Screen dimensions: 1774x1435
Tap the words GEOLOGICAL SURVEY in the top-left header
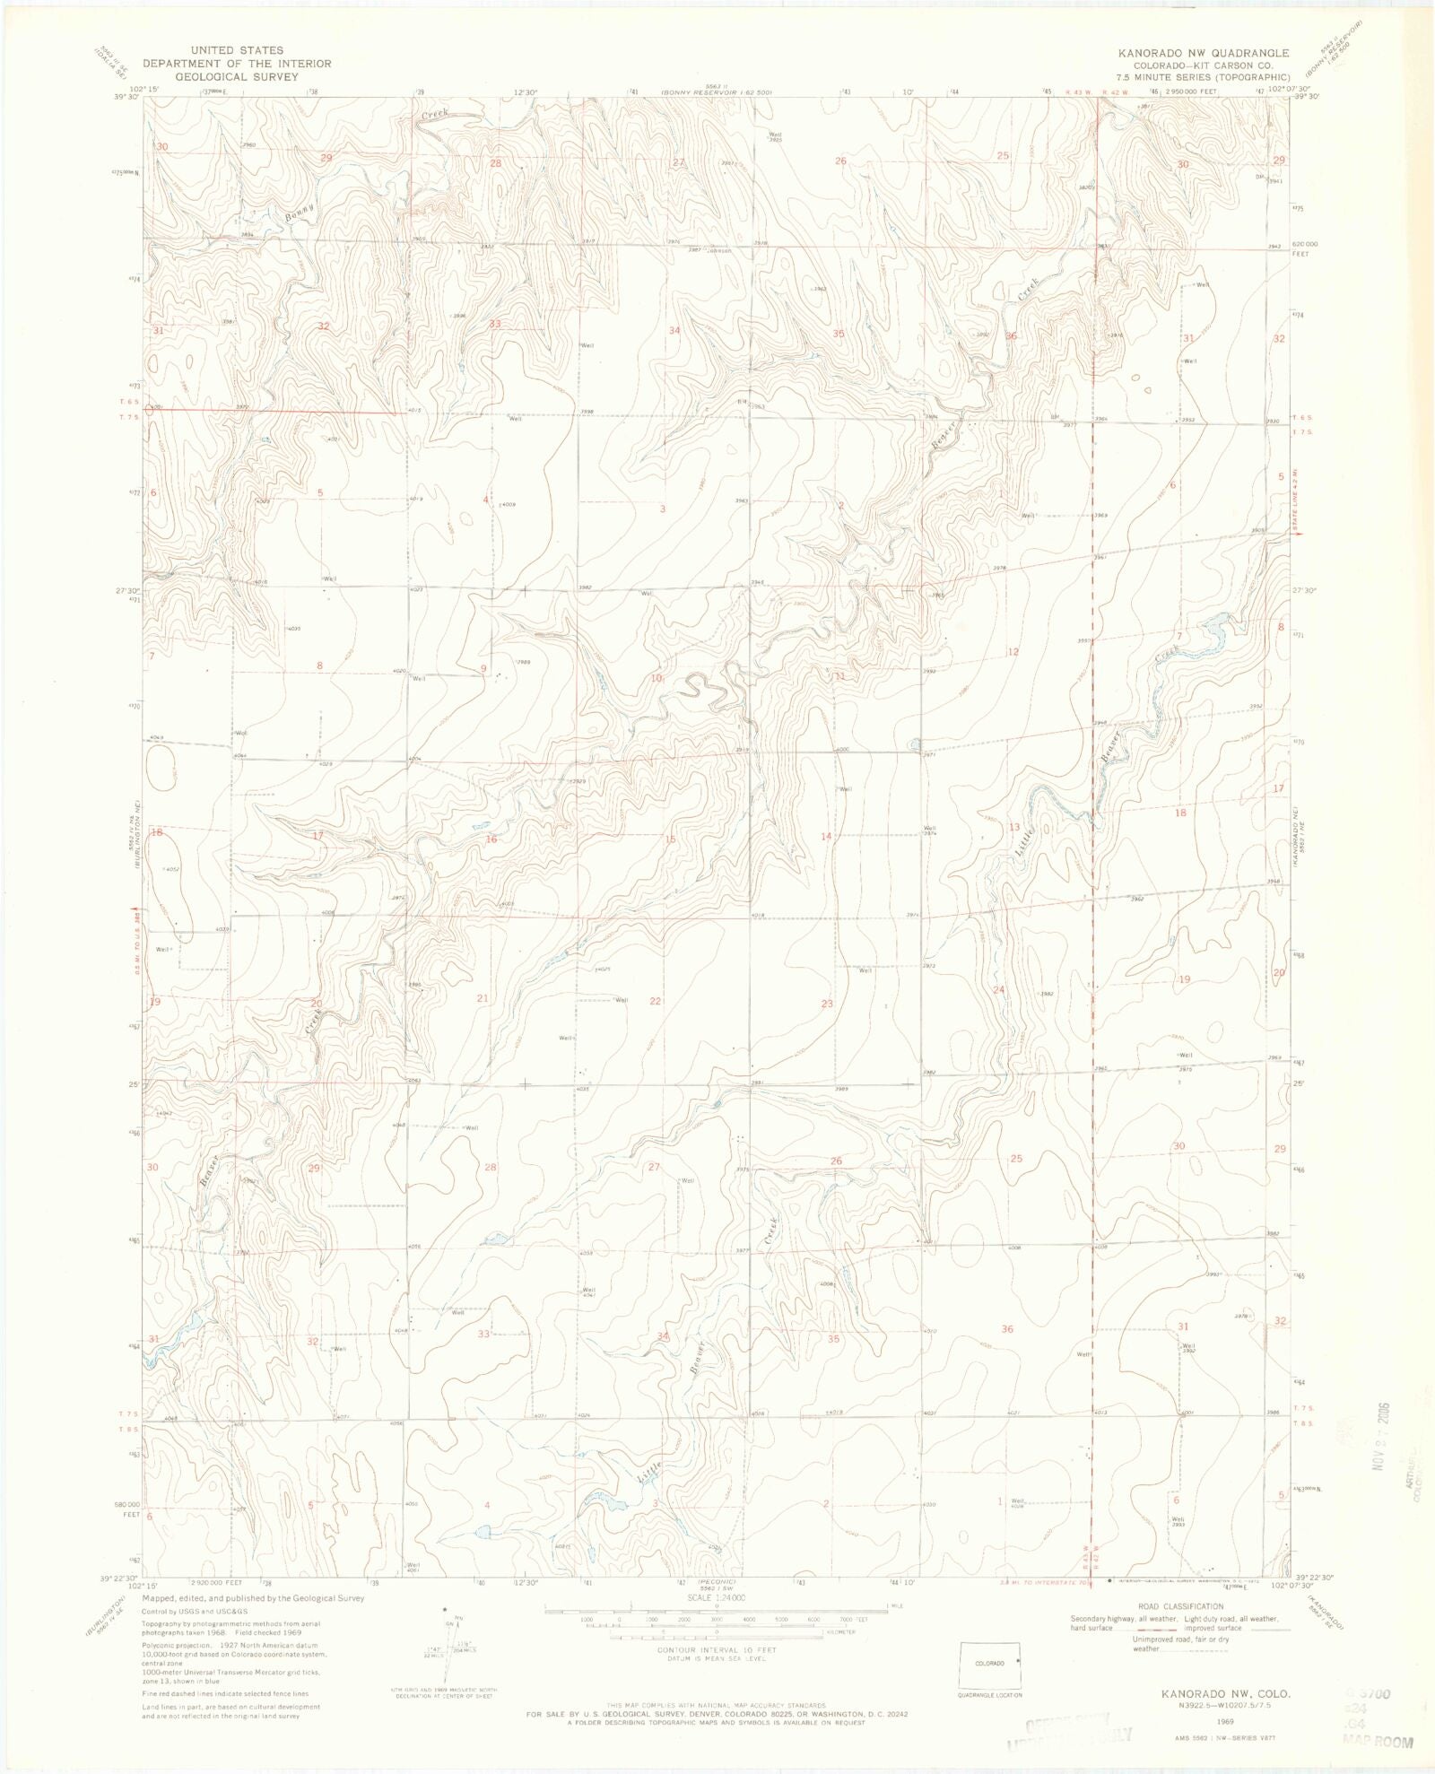click(236, 77)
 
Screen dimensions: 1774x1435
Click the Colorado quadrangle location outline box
click(989, 1664)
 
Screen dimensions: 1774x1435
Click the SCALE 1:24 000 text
click(717, 1598)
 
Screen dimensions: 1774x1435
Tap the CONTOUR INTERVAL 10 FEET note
click(717, 1650)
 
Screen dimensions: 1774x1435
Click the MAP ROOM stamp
click(1378, 1743)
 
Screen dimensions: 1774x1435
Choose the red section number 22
click(656, 1001)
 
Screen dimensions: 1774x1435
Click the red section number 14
click(826, 836)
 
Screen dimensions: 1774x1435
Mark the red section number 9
click(483, 668)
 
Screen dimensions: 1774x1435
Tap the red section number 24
click(999, 989)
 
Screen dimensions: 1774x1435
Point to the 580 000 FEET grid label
click(126, 1509)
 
